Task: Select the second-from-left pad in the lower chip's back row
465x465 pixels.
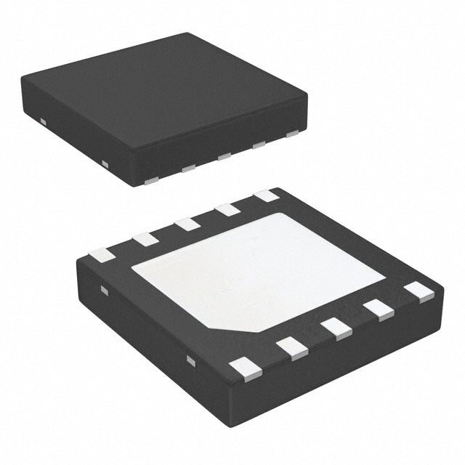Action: [145, 238]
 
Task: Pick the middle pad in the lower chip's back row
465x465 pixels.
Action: [187, 223]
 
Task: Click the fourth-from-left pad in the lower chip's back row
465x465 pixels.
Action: [227, 209]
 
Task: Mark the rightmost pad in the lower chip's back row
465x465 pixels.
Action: [266, 195]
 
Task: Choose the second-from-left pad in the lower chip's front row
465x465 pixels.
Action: [292, 347]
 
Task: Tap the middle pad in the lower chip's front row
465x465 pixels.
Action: [337, 328]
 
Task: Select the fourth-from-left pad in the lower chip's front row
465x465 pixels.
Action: [379, 309]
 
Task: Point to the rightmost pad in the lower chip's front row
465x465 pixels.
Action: [419, 291]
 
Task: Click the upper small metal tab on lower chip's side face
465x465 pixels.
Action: [104, 291]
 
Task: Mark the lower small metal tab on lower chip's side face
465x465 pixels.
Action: [190, 360]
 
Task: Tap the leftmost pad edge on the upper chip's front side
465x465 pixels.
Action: [152, 179]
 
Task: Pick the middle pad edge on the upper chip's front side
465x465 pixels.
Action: [224, 156]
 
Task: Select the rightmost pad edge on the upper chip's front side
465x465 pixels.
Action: [293, 134]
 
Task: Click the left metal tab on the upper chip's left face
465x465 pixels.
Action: [43, 121]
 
